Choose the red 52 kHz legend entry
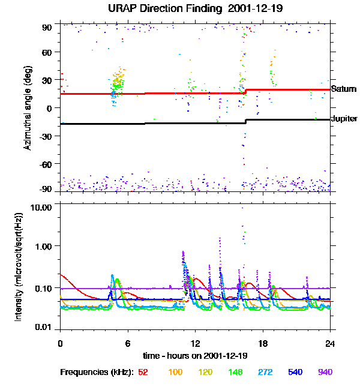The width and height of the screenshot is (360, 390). pos(143,373)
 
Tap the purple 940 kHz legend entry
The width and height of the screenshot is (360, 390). pos(325,373)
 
